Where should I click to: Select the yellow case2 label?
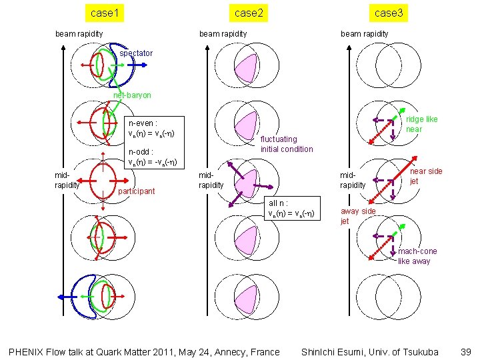(x=249, y=13)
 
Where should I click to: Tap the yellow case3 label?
(x=389, y=13)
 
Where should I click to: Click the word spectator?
(x=136, y=53)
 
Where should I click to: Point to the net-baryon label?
(x=132, y=95)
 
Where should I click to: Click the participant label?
(x=136, y=191)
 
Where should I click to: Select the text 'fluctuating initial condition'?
(x=286, y=144)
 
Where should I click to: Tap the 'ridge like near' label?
(x=421, y=124)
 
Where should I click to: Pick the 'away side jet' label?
(x=357, y=216)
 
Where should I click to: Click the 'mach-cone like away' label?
(x=417, y=256)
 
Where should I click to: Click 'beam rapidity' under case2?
(x=223, y=33)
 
